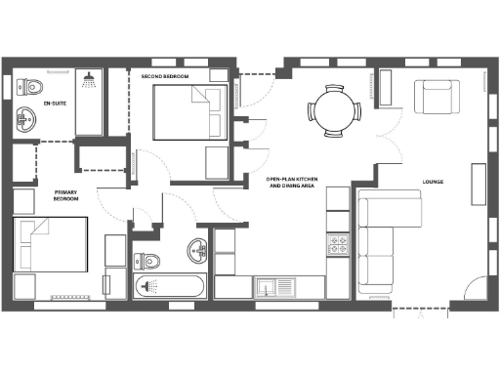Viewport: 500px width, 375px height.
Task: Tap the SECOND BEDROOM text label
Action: (x=164, y=76)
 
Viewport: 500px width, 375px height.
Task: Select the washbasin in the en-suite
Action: (x=25, y=120)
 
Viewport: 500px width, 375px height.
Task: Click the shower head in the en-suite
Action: (x=89, y=76)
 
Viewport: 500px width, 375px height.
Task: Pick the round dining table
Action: (x=334, y=107)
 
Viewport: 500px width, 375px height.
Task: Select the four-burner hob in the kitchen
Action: (x=339, y=244)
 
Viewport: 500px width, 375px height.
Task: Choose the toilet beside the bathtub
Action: (x=146, y=261)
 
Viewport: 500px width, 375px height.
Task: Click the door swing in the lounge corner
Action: (x=471, y=293)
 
